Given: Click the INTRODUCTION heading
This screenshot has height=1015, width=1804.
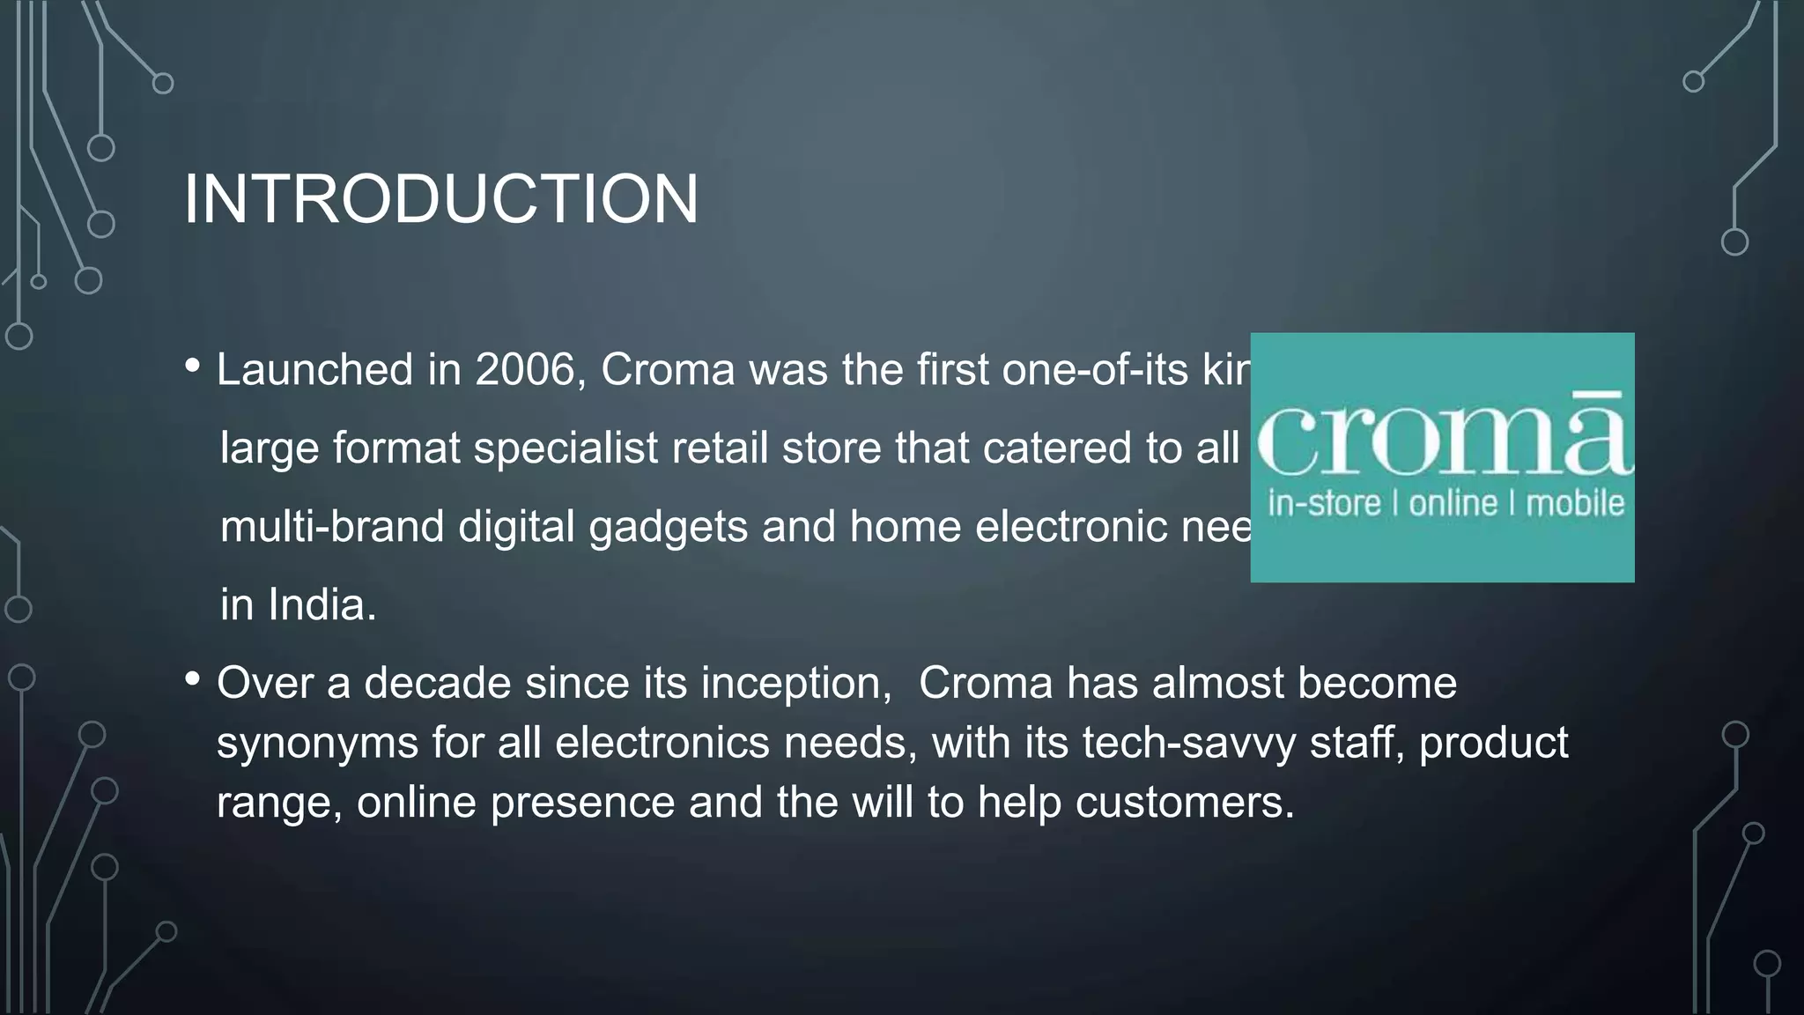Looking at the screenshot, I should coord(440,200).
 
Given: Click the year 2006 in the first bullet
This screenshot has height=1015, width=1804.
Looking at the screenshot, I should coord(525,369).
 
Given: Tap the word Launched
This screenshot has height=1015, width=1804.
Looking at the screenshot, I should coord(314,369).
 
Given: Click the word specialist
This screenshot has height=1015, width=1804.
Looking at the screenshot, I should coord(566,448).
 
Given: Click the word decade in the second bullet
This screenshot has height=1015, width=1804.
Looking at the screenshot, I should coord(438,684).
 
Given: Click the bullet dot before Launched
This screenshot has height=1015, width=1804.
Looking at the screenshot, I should coord(193,365).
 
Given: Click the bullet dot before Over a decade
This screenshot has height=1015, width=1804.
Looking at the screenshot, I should coord(193,679).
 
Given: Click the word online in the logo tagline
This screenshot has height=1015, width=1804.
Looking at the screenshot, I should coord(1453,504).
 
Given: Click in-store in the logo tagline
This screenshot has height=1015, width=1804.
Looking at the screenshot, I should coord(1324,504).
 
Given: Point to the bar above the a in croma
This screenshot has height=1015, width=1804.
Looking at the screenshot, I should coord(1597,394).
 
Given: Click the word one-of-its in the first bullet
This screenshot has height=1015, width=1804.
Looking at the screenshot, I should coord(1095,369).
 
